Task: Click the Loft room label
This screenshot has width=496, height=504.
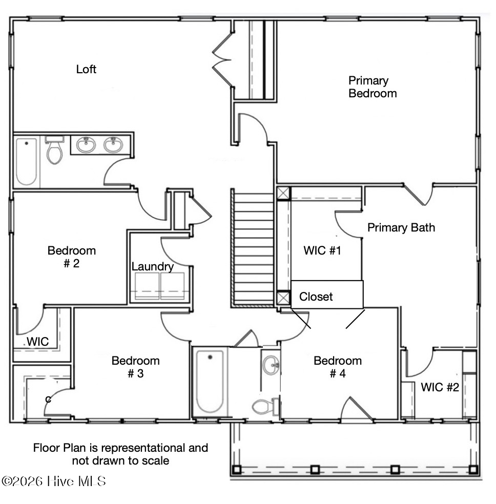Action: point(86,69)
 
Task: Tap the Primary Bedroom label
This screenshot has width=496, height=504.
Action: point(373,87)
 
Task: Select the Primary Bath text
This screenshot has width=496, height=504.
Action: point(401,227)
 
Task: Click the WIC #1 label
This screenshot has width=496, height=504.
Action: point(322,250)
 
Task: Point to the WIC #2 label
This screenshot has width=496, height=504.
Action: point(440,387)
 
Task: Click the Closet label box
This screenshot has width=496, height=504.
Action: point(327,295)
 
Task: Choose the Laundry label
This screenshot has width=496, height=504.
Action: point(152,267)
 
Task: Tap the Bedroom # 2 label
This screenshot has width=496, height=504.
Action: point(72,257)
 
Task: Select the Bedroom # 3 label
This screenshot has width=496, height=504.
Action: point(136,367)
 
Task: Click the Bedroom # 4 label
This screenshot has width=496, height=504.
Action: point(338,367)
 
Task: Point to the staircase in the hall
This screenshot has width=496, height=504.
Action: point(253,248)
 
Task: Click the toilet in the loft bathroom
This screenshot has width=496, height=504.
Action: point(55,150)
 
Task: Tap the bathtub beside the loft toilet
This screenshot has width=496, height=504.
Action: point(26,161)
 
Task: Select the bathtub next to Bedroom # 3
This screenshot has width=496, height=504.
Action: point(210,382)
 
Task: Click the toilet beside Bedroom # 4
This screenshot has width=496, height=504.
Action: point(265,407)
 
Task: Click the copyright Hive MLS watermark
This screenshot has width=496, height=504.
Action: point(54,481)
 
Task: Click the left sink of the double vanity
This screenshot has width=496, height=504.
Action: point(86,145)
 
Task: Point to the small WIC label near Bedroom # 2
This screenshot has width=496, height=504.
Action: point(37,342)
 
